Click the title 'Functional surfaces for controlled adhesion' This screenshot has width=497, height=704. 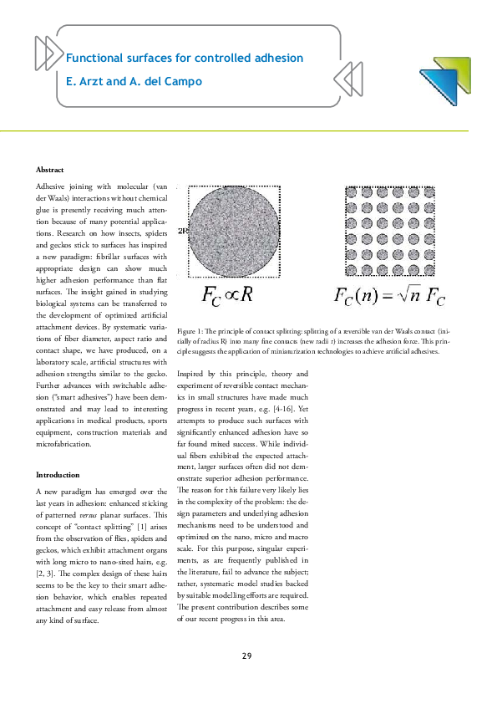tap(184, 59)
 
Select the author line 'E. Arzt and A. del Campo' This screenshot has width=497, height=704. tap(134, 82)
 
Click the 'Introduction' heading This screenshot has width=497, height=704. tap(58, 474)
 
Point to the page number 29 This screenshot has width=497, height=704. tap(247, 655)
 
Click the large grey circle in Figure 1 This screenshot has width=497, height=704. tap(234, 232)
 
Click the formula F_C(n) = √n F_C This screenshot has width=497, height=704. tap(389, 296)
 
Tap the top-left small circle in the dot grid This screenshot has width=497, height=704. tap(352, 192)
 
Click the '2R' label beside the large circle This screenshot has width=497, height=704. tap(183, 232)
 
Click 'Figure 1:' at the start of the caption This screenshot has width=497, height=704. tap(191, 332)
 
